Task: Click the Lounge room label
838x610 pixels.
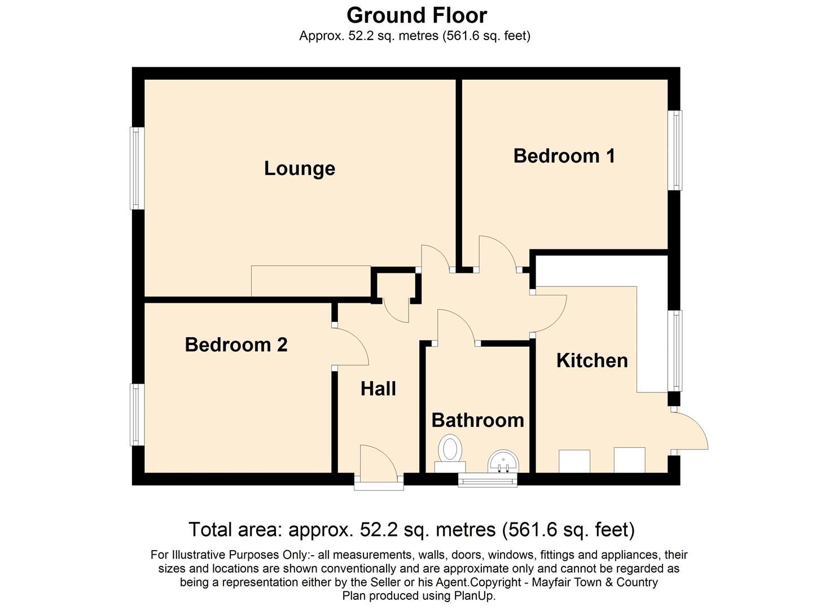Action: tap(299, 168)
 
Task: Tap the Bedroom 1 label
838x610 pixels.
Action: tap(564, 156)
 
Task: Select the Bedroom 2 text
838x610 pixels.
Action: tap(236, 345)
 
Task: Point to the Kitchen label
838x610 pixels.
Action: tap(591, 360)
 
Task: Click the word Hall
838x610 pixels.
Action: tap(378, 389)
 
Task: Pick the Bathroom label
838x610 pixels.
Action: tap(477, 420)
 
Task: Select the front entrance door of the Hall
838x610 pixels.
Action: tap(379, 464)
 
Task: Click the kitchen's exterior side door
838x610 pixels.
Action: tap(691, 432)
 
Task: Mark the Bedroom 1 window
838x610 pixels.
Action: tap(675, 150)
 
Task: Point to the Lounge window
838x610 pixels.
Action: tap(137, 168)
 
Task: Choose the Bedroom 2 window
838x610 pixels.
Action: tap(137, 414)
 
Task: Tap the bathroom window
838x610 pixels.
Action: tap(488, 480)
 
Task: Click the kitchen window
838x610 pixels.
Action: tap(675, 350)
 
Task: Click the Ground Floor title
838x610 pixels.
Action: tap(416, 15)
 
